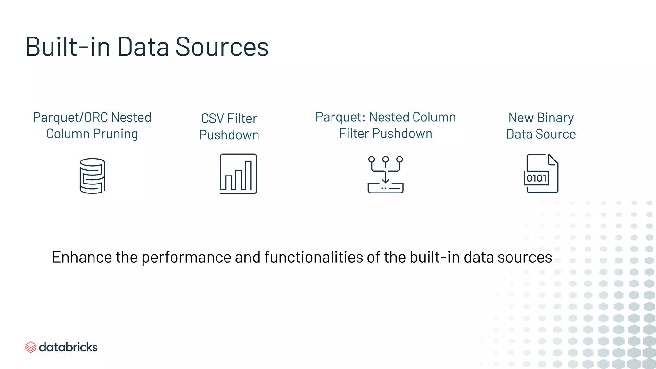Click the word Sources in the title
[x=222, y=47]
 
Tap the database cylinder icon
[x=92, y=176]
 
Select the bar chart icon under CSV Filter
[x=238, y=174]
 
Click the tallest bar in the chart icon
[x=248, y=176]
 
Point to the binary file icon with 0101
[x=541, y=174]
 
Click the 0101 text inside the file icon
[x=537, y=178]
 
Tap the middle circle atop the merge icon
[x=385, y=160]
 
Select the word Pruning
[x=115, y=134]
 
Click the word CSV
[x=212, y=119]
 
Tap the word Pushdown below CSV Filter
[x=229, y=135]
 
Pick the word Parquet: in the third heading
[x=340, y=117]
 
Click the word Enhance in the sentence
[x=82, y=257]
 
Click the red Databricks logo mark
[x=30, y=347]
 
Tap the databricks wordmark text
[x=68, y=347]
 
